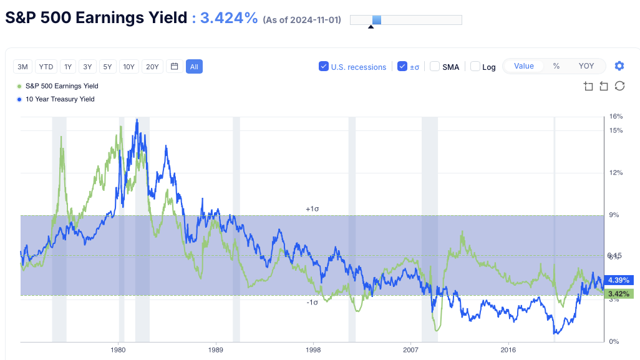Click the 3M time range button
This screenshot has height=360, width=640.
coord(23,67)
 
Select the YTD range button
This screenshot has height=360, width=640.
coord(46,67)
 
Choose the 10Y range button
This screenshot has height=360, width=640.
coord(129,67)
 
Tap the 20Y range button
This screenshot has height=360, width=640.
coord(152,67)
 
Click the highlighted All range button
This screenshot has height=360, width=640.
coord(194,67)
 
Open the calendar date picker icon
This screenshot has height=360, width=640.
coord(174,67)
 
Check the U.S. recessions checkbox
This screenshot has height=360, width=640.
coord(324,67)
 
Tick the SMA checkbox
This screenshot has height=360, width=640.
coord(435,67)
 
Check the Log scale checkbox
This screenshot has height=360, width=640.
coord(475,67)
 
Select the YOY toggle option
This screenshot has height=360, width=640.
coord(586,66)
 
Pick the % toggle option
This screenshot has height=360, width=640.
coord(556,66)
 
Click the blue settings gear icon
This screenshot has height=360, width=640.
coord(619,66)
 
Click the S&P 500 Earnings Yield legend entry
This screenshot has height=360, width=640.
coord(61,86)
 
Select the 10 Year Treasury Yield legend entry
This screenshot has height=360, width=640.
coord(59,99)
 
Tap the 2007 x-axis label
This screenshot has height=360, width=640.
coord(411,350)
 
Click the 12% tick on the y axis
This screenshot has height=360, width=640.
coord(616,173)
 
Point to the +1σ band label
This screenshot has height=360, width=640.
coord(313,209)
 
